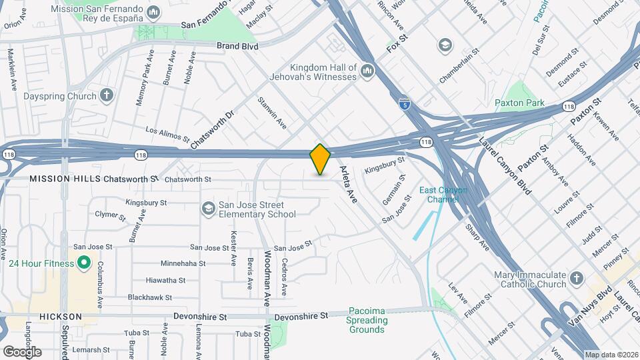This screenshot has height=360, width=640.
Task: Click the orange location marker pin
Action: point(321,159)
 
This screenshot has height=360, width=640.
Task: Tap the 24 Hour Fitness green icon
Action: point(84,263)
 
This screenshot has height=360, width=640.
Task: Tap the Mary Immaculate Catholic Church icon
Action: point(577,279)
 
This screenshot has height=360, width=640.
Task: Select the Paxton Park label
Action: point(519,103)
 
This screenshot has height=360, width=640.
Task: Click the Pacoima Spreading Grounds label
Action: point(367,321)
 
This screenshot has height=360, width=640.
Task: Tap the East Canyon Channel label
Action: point(443,195)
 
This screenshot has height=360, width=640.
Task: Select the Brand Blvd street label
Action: point(237,46)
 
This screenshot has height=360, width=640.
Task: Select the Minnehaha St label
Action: point(183,263)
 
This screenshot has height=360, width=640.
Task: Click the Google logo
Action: point(22,351)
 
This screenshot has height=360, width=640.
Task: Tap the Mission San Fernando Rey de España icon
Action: point(154,12)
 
